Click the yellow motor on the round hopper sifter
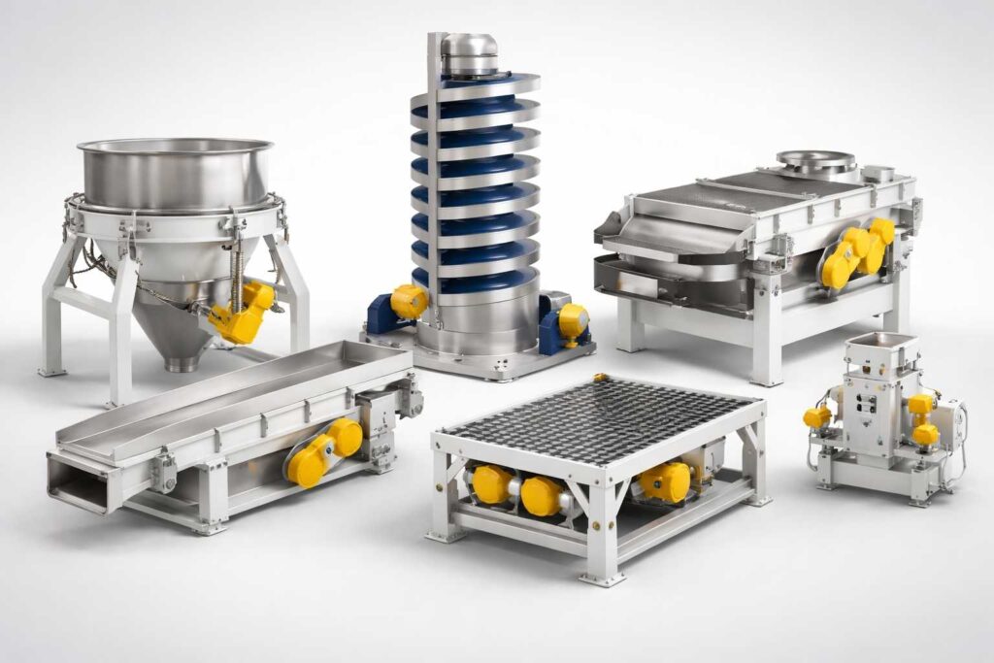pos(245,312)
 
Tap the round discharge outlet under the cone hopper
pos(181,365)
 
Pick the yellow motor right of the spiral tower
pos(573,320)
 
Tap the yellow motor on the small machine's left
pos(817,416)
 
